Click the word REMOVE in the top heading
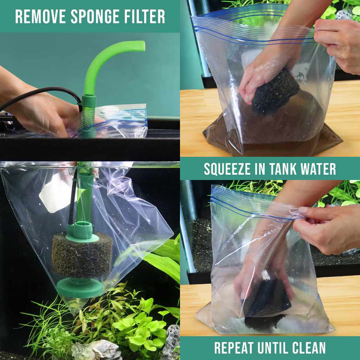tap(36, 17)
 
